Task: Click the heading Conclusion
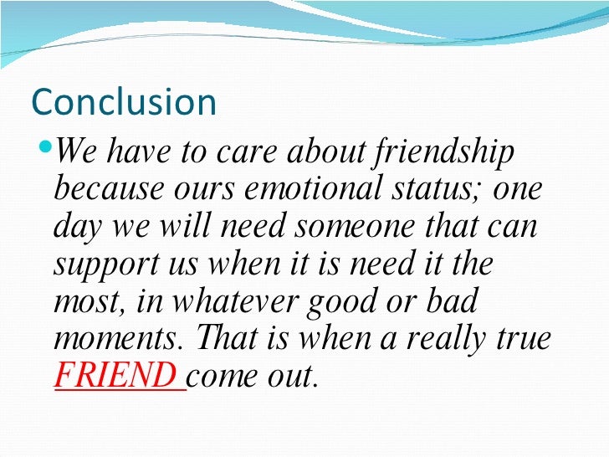click(x=124, y=102)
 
